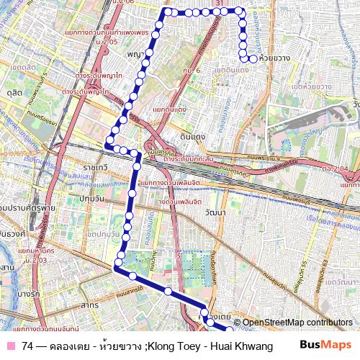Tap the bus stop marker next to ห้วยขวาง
[253, 58]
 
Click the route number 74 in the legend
[27, 346]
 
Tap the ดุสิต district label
[11, 93]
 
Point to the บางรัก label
[27, 294]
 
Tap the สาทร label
[90, 305]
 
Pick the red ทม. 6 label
[191, 70]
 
